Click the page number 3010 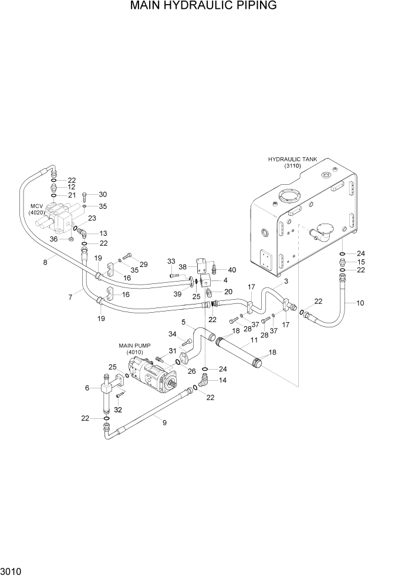click(x=11, y=570)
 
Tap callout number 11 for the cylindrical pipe click(x=254, y=340)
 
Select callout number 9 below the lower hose click(x=164, y=422)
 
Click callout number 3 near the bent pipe click(x=286, y=282)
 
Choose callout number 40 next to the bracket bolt click(x=232, y=270)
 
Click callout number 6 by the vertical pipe click(x=87, y=388)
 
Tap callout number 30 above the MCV click(x=103, y=194)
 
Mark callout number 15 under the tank click(x=361, y=262)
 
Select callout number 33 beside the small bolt click(x=171, y=261)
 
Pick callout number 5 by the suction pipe click(x=183, y=322)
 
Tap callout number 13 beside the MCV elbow click(x=103, y=233)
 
